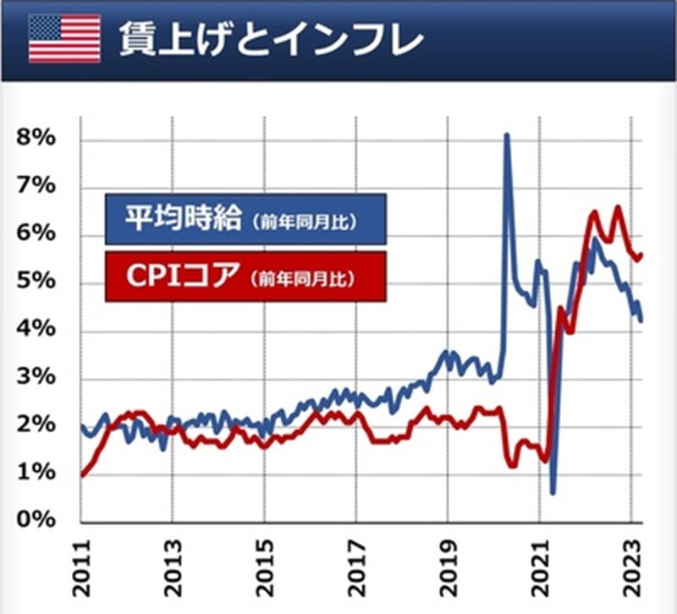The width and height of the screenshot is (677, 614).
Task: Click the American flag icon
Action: [64, 37]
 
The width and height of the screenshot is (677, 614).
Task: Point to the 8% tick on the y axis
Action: [36, 137]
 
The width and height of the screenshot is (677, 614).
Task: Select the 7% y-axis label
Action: [36, 185]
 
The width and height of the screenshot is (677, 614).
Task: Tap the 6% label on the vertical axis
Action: [36, 233]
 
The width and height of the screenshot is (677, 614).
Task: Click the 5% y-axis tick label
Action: [36, 281]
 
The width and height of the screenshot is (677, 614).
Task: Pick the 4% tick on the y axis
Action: [36, 328]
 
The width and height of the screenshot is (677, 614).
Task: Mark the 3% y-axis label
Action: [36, 376]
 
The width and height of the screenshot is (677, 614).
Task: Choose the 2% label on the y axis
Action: [36, 424]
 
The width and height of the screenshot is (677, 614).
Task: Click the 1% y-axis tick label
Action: [36, 472]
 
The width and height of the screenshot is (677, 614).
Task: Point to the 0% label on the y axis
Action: [36, 519]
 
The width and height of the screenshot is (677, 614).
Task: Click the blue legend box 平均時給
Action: [245, 220]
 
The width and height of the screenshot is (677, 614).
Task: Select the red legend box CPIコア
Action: [245, 276]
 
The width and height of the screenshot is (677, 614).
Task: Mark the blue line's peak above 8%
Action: [507, 135]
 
